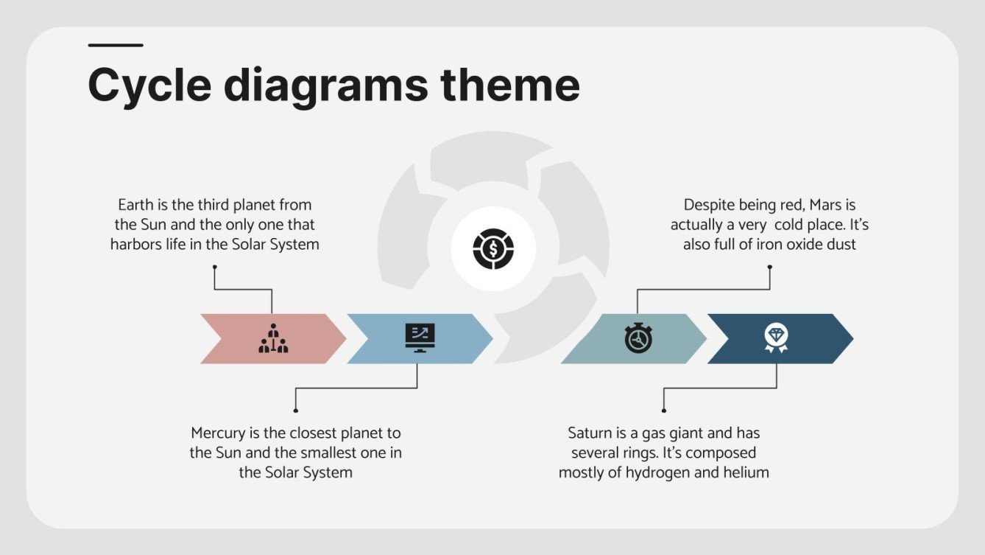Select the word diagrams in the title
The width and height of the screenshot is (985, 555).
coord(325,86)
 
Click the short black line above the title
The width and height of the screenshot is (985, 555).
coord(116,46)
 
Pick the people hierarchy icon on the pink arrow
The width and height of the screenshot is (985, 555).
coord(273,338)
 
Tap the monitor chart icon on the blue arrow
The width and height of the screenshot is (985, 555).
coord(420,338)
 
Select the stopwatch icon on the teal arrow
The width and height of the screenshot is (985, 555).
coord(638,338)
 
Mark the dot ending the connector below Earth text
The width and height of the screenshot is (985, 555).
coord(215,267)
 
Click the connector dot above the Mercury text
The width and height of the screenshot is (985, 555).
coord(295,410)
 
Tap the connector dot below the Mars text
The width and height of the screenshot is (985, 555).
coord(769,267)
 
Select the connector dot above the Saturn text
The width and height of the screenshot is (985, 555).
coord(663,410)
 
